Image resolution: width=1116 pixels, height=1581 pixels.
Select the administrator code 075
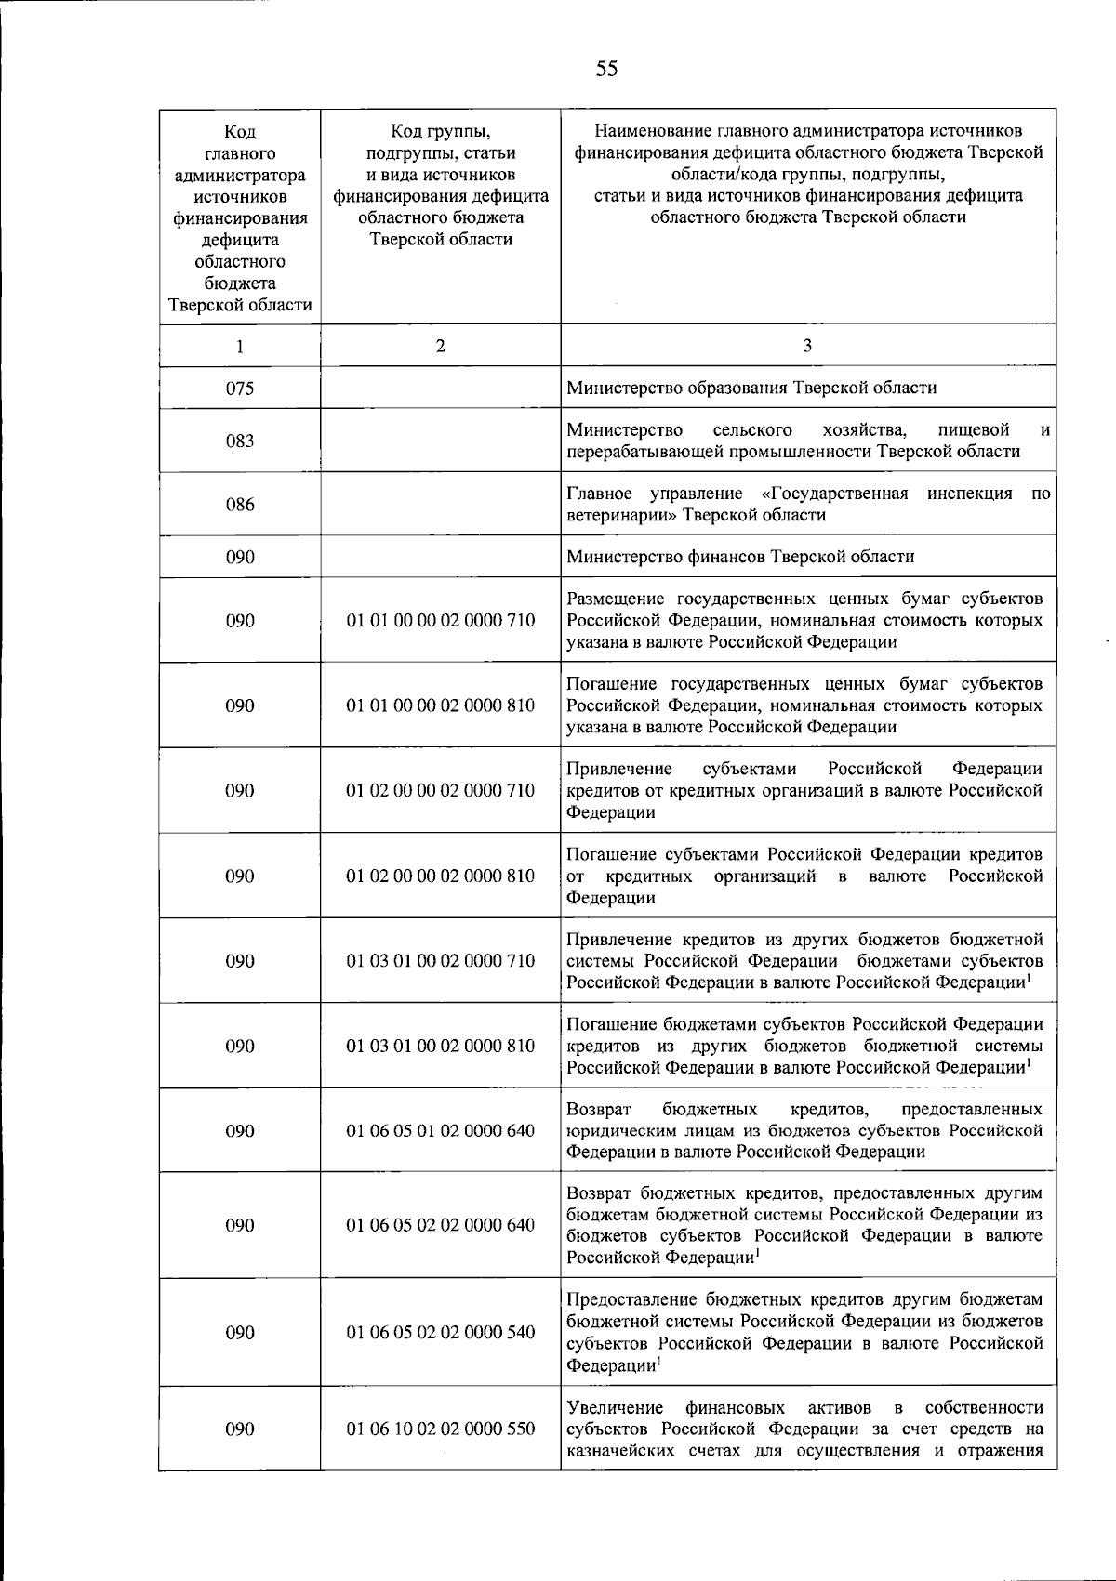coord(240,388)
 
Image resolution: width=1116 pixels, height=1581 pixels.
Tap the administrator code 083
coord(240,441)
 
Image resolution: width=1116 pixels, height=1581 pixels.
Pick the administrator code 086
coord(240,505)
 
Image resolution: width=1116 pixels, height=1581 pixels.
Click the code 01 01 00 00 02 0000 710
coord(441,620)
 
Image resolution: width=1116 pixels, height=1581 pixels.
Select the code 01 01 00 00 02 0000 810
coord(441,705)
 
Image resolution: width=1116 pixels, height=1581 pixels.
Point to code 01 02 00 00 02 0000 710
coord(441,791)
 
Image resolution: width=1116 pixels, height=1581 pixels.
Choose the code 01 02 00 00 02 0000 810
coord(441,876)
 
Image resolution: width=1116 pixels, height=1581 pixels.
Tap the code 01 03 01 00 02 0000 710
coord(441,961)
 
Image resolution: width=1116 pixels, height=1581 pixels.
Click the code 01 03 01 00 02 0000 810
coord(441,1046)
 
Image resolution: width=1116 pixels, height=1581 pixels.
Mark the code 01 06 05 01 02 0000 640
coord(441,1131)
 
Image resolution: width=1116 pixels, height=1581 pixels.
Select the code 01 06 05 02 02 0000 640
coord(441,1225)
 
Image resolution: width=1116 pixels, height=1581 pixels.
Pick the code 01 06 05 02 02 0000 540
coord(441,1333)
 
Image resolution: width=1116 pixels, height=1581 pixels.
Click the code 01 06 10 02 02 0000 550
coord(441,1429)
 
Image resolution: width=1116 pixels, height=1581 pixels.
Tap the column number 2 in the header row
coord(440,346)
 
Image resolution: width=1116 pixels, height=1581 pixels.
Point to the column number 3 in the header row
coord(807,346)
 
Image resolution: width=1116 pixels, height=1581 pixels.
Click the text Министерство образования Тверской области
coord(751,388)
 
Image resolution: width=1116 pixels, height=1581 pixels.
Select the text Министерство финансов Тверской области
coord(740,557)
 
